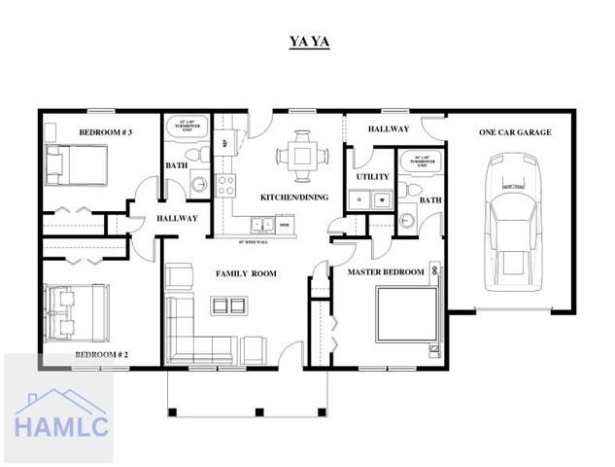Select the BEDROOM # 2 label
click(103, 355)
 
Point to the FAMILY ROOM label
click(246, 274)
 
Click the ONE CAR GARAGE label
click(515, 132)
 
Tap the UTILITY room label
click(373, 177)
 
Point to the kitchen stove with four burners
click(225, 183)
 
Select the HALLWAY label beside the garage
click(389, 129)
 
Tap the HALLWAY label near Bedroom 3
click(177, 218)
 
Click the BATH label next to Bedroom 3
click(178, 165)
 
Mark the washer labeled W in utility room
click(381, 199)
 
